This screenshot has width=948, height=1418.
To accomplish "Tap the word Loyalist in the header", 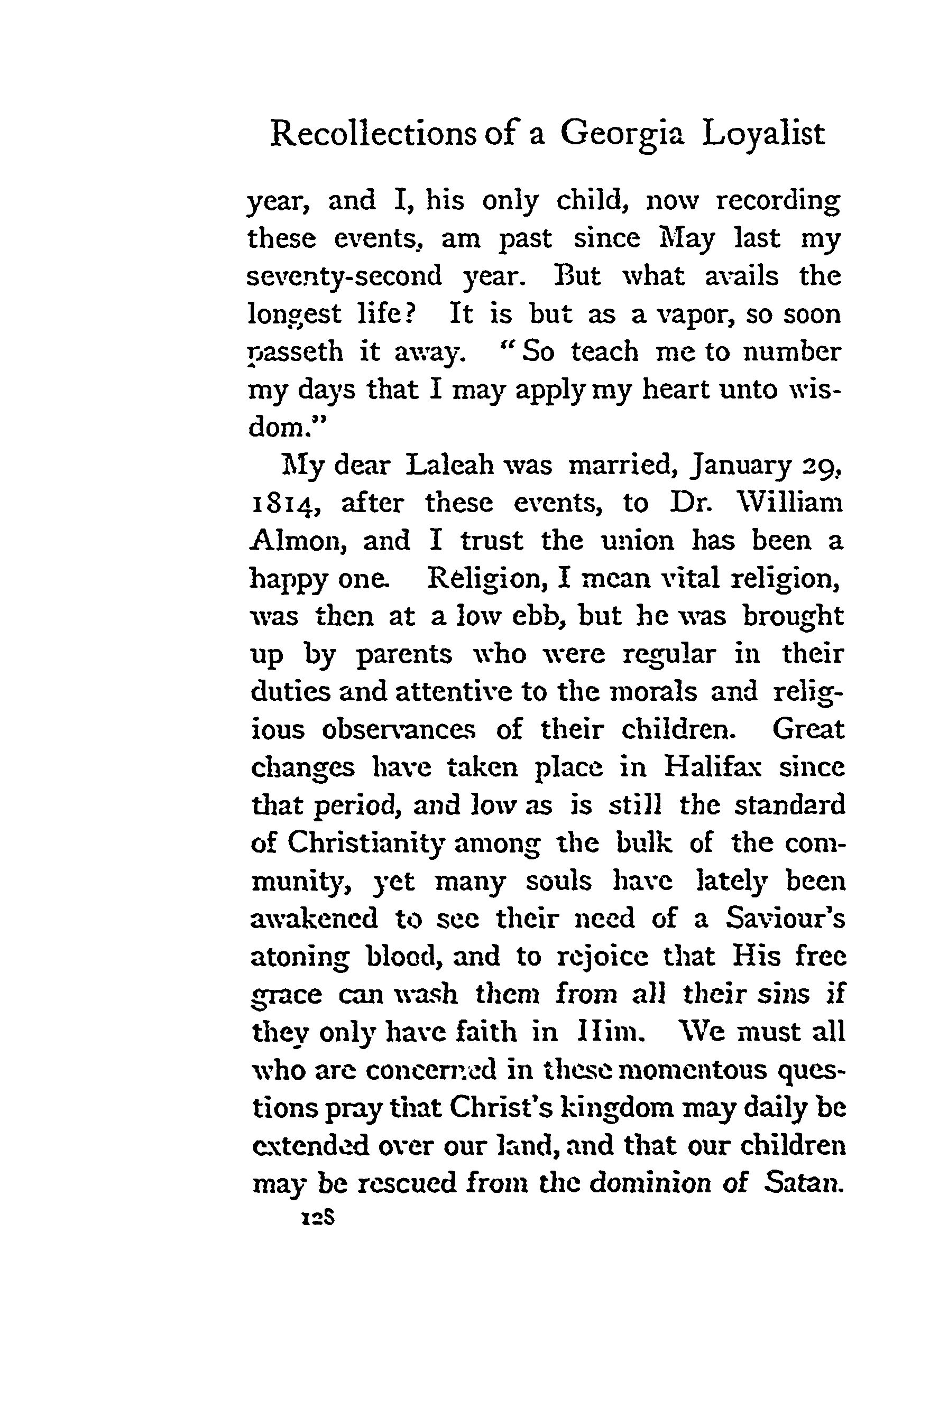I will coord(763,134).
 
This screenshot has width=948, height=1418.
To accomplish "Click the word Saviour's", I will coord(785,919).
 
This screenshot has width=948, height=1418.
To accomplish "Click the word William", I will coord(785,503).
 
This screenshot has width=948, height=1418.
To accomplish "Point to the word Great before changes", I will coord(808,729).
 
